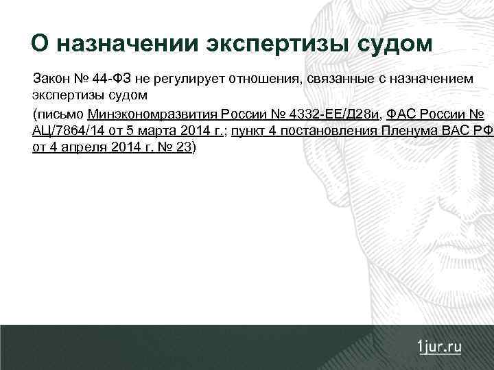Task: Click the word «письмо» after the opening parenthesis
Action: tap(60, 113)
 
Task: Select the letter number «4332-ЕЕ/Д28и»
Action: tap(332, 113)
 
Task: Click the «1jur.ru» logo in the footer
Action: tap(439, 347)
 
